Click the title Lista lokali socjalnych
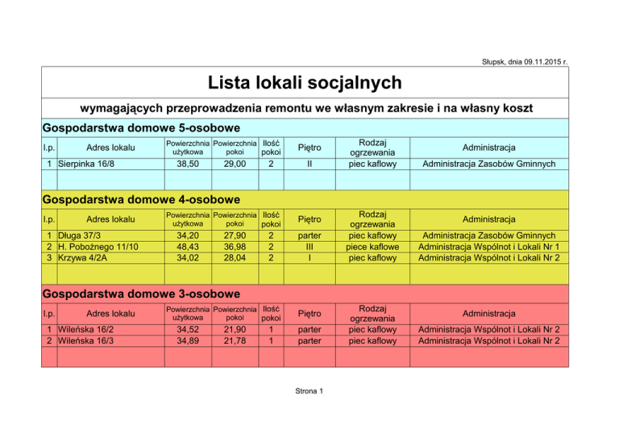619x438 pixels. tap(305, 82)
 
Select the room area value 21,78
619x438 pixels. tap(235, 341)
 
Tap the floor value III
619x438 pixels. tap(309, 246)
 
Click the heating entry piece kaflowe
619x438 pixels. tap(372, 246)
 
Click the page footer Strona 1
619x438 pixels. tap(309, 391)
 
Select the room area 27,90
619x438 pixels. tap(235, 235)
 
